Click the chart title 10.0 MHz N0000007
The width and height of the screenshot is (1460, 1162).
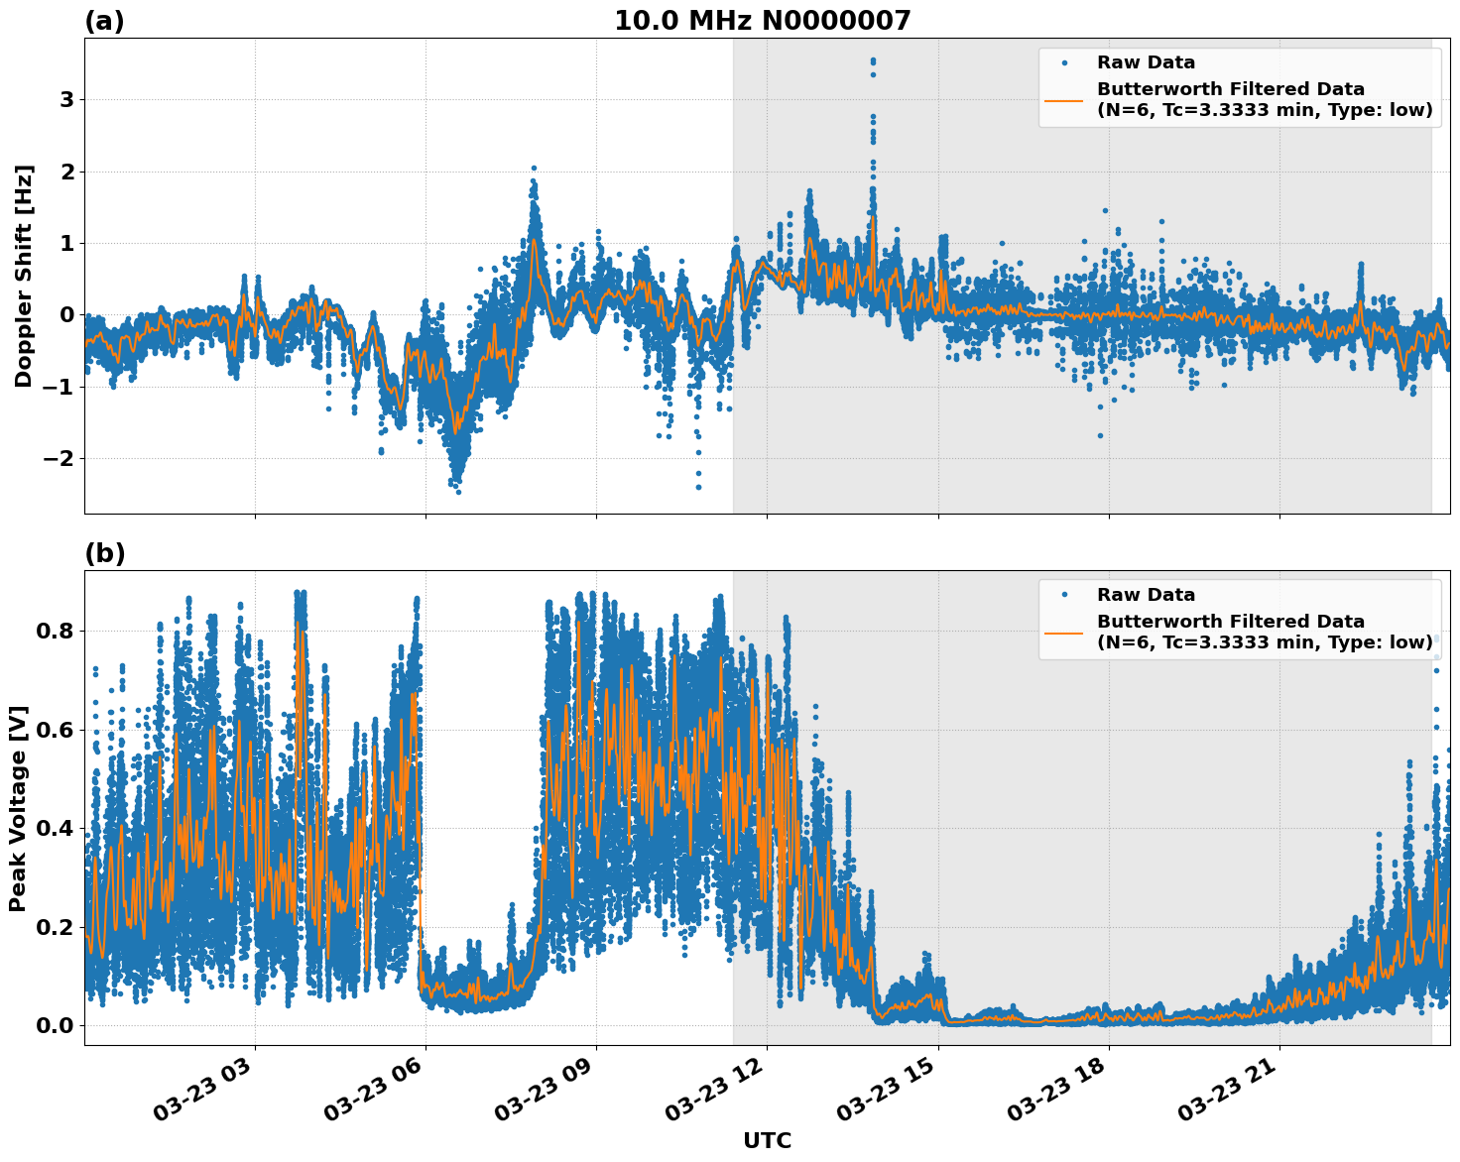click(762, 21)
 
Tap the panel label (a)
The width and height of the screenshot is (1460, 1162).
click(104, 22)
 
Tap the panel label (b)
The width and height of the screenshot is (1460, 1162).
click(104, 554)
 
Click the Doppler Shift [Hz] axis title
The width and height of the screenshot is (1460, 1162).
click(24, 276)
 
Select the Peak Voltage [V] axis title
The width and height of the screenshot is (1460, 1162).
click(18, 808)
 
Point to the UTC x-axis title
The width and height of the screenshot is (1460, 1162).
click(767, 1140)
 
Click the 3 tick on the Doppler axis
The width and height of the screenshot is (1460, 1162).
click(68, 100)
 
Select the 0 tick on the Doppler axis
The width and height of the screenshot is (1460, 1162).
click(68, 315)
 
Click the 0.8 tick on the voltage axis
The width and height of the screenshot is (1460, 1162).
click(55, 632)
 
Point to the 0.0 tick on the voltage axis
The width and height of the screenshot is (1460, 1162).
click(55, 1025)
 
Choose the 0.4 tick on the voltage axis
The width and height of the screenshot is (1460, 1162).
click(55, 829)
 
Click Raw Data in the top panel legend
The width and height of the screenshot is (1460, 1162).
click(1146, 62)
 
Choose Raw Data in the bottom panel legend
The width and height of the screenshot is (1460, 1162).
click(1146, 595)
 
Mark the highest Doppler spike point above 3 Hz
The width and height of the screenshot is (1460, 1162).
click(873, 60)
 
